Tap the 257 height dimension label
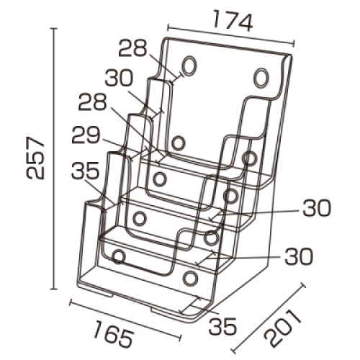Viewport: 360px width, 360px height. [35, 158]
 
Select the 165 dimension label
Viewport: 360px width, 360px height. [113, 336]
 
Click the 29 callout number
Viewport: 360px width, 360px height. [86, 135]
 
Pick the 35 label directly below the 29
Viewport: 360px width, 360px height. [86, 171]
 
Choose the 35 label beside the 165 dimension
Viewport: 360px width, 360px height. [222, 326]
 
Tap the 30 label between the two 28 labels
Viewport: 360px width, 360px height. [119, 78]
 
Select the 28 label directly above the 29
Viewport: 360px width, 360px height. [93, 102]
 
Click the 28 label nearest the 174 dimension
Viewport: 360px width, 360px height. [132, 48]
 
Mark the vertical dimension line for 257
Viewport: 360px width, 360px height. [55, 158]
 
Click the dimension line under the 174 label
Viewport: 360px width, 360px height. [230, 35]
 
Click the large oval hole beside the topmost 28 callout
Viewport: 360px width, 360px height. [189, 66]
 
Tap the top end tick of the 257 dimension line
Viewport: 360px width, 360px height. [55, 29]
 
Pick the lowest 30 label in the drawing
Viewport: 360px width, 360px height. [299, 256]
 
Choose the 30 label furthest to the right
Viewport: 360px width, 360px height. [317, 207]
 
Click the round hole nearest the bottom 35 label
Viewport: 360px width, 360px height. [191, 278]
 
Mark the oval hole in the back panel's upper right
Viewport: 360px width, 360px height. [261, 78]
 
